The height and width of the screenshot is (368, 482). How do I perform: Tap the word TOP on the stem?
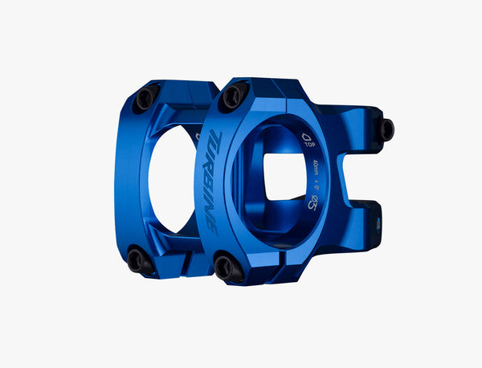308,149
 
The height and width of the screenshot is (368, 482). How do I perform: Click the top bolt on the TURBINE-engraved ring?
232,96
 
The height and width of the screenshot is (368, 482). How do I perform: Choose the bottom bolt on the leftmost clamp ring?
139,258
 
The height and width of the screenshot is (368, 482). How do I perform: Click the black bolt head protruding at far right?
386,129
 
